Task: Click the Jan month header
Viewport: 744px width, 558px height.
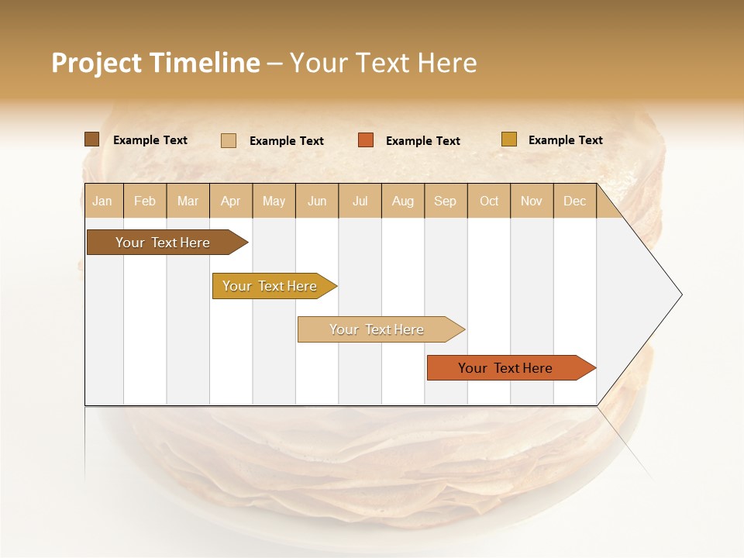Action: click(103, 201)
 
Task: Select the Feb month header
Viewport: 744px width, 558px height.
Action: click(145, 201)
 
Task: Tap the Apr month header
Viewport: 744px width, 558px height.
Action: click(231, 201)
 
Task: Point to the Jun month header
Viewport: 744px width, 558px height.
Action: click(317, 201)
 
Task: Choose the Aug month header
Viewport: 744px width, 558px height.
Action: click(403, 201)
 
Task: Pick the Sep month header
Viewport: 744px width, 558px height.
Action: click(446, 201)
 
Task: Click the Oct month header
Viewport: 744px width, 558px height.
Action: click(489, 201)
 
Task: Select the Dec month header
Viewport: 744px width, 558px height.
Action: click(575, 201)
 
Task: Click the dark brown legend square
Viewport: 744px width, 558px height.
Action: click(92, 139)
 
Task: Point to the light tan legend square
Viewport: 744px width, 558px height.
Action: click(229, 140)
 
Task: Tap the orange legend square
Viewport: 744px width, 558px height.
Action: click(366, 140)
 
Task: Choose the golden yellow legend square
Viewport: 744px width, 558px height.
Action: click(509, 139)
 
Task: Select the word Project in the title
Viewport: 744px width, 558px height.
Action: click(96, 63)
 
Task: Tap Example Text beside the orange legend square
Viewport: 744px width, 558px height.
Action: click(423, 141)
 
